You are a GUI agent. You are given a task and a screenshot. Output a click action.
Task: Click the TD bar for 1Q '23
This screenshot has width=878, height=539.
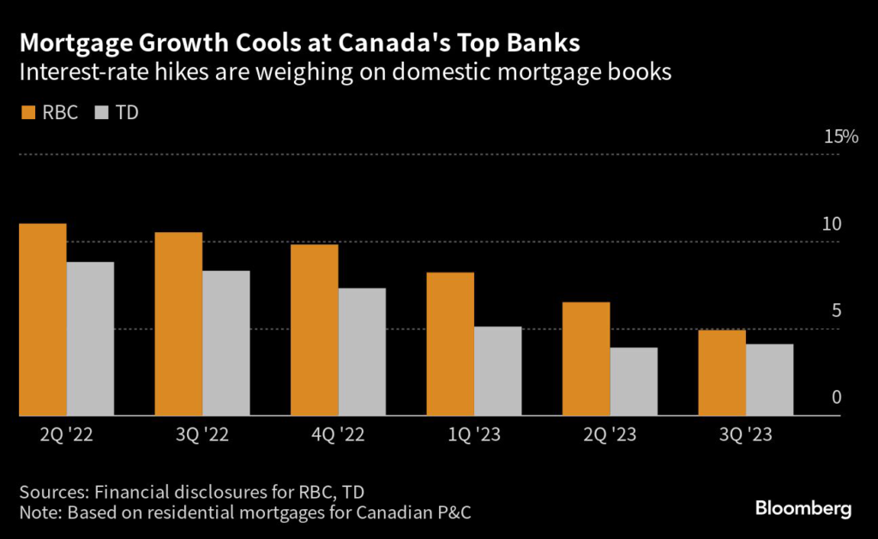click(497, 371)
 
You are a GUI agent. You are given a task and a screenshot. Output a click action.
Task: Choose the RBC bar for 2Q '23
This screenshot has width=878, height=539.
click(586, 359)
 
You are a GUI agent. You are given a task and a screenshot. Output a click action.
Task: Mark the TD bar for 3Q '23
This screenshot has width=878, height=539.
click(769, 380)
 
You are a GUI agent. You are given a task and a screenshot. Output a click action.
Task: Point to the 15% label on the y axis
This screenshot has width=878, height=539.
click(839, 137)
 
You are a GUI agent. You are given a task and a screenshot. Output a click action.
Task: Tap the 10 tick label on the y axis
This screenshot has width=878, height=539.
click(832, 225)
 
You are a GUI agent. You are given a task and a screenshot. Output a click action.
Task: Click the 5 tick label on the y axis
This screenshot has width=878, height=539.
click(836, 311)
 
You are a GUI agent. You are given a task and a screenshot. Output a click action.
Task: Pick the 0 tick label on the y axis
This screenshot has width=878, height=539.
click(836, 398)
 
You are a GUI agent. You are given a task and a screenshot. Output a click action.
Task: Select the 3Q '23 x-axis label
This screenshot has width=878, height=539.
click(745, 435)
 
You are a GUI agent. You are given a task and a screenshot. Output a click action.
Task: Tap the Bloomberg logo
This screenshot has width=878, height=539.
click(803, 509)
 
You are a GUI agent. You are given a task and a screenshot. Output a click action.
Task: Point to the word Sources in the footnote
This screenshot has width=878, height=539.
click(52, 492)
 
